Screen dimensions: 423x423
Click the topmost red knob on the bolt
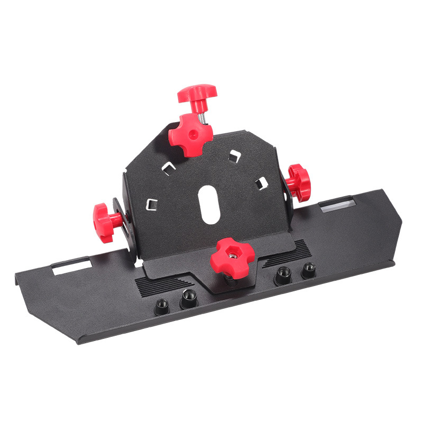pos(197,94)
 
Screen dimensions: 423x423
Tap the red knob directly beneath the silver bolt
pos(190,135)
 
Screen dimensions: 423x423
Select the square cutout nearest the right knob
pos(260,183)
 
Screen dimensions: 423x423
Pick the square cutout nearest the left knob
pos(152,204)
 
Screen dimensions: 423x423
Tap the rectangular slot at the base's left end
pos(71,268)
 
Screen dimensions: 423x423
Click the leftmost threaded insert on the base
pos(162,305)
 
